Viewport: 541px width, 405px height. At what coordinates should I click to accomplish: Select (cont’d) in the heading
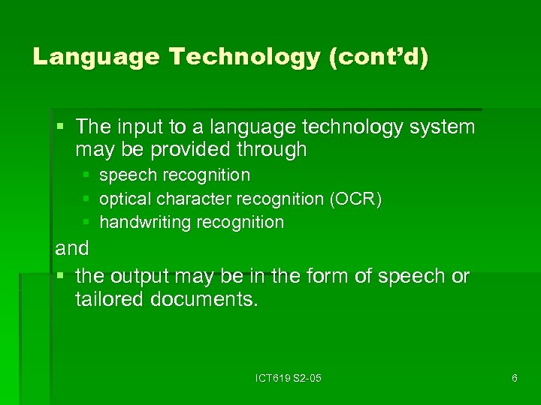(379, 57)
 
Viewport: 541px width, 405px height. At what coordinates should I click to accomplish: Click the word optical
(123, 199)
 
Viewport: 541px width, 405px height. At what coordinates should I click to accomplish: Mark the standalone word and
(72, 248)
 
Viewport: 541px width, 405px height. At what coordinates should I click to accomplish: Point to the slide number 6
(514, 378)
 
